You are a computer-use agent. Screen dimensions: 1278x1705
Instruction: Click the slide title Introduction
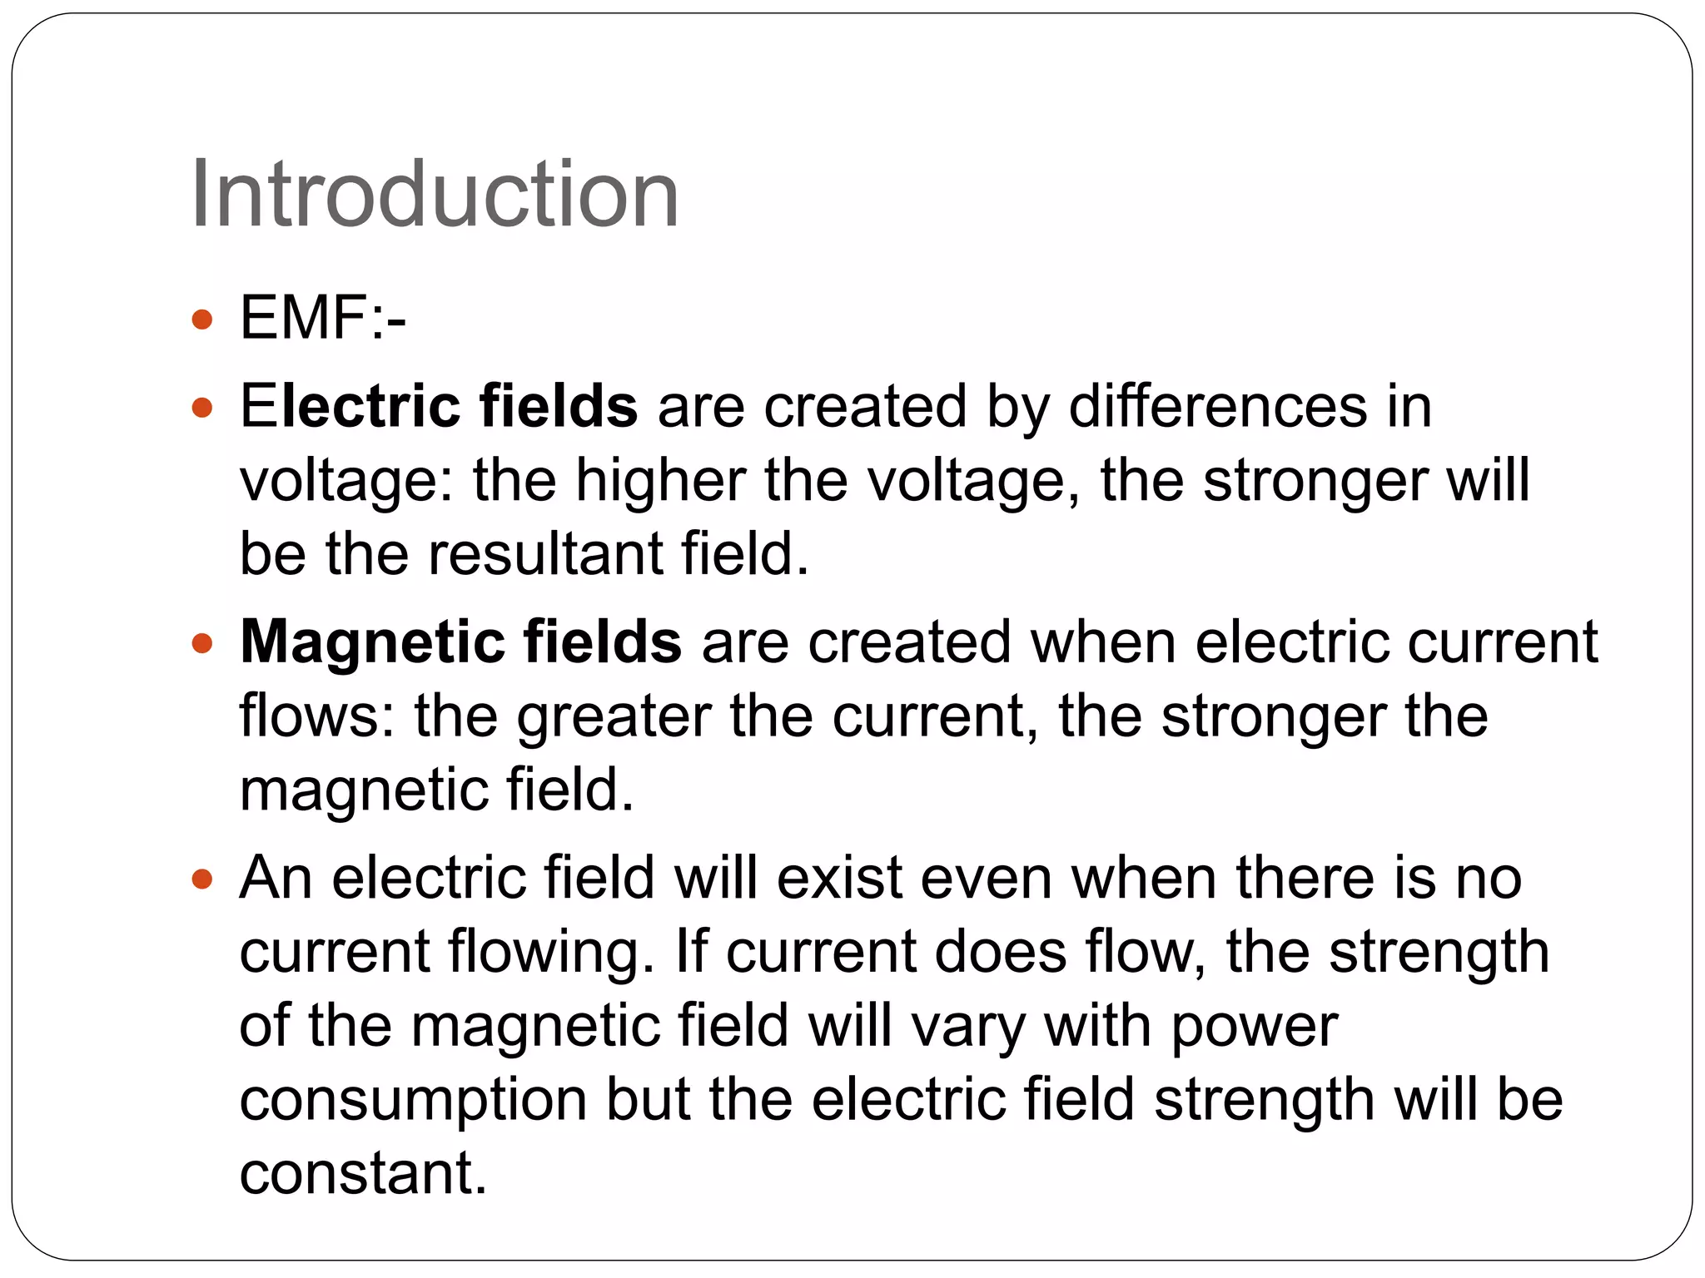pyautogui.click(x=435, y=195)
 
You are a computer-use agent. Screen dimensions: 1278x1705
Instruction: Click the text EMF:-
pyautogui.click(x=323, y=318)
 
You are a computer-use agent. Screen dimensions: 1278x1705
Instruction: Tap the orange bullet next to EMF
pyautogui.click(x=201, y=319)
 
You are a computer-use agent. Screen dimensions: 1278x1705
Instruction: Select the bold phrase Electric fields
pyautogui.click(x=439, y=406)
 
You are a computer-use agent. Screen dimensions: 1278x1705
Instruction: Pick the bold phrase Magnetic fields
pyautogui.click(x=460, y=641)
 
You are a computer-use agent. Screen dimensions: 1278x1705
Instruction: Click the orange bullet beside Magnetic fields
pyautogui.click(x=201, y=643)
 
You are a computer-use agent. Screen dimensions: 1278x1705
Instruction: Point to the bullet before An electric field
pyautogui.click(x=201, y=879)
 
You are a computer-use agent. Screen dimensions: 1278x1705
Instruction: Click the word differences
pyautogui.click(x=1217, y=406)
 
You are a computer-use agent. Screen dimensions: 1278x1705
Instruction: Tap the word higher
pyautogui.click(x=661, y=481)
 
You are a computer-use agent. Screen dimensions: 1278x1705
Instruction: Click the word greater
pyautogui.click(x=614, y=716)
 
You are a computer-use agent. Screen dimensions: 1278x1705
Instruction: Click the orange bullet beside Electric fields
pyautogui.click(x=201, y=408)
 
